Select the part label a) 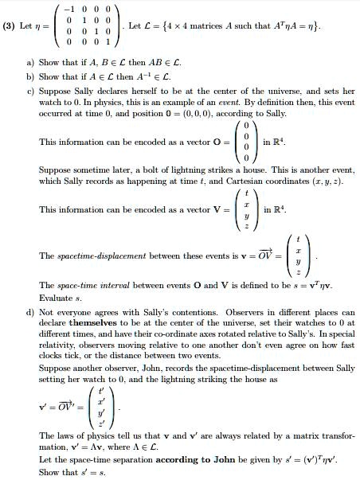click(x=30, y=60)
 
